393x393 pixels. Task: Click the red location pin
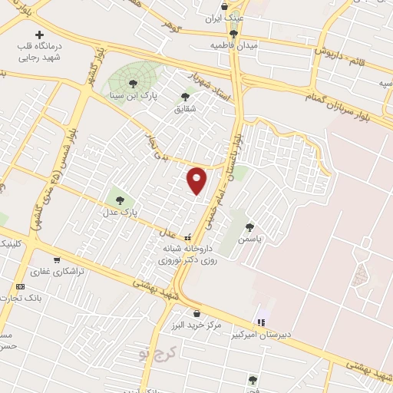pos(198,180)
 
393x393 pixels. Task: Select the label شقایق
pos(185,109)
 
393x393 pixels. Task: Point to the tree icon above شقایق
pos(184,97)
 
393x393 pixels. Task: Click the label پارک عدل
pos(121,213)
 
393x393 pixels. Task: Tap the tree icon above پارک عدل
pos(119,201)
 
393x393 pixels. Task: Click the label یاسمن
pos(249,239)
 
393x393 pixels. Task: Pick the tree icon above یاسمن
pos(250,227)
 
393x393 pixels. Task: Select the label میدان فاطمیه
pos(233,46)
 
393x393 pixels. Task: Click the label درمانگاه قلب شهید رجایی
pos(40,51)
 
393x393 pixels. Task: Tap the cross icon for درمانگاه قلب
pos(40,35)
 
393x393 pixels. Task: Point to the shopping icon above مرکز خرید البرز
pos(197,313)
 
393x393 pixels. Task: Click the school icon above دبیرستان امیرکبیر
pos(261,322)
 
